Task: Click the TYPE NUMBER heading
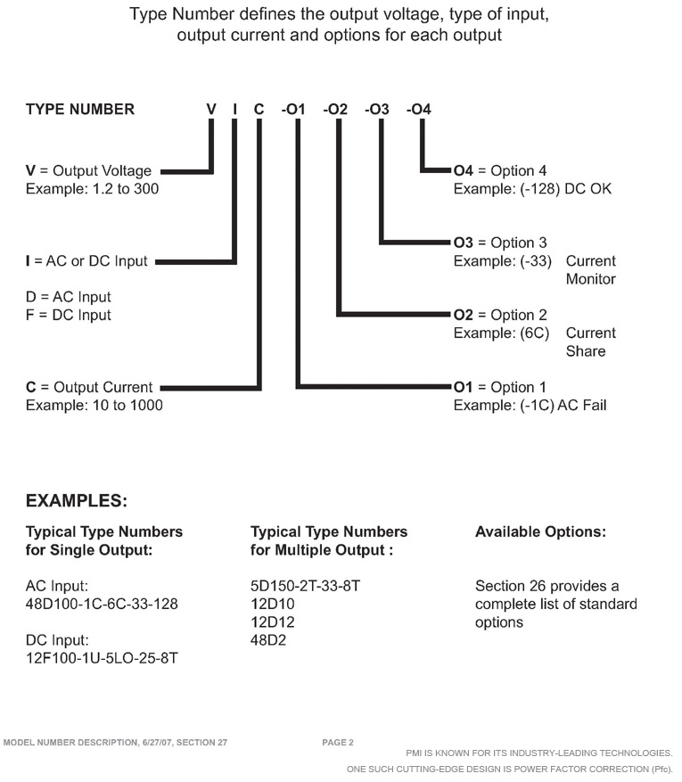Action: click(x=79, y=109)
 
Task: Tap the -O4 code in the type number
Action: click(x=419, y=109)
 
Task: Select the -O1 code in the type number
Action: click(x=293, y=109)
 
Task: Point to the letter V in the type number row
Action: click(x=211, y=109)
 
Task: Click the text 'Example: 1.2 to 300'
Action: click(x=92, y=189)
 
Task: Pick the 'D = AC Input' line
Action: click(x=69, y=297)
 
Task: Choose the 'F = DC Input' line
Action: click(x=69, y=315)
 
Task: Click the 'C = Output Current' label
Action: click(x=89, y=387)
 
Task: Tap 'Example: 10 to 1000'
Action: click(x=94, y=405)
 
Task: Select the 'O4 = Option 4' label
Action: click(x=500, y=170)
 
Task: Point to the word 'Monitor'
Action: click(x=591, y=279)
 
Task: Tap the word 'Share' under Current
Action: click(x=586, y=351)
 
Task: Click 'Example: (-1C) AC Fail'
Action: click(x=530, y=405)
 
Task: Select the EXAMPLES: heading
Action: click(x=77, y=501)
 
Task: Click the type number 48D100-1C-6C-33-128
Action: click(x=102, y=604)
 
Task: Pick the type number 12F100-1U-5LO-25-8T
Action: click(x=102, y=658)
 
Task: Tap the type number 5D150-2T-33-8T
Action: click(x=305, y=586)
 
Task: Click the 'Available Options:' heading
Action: click(x=540, y=531)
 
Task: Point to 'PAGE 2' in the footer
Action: click(x=338, y=743)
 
